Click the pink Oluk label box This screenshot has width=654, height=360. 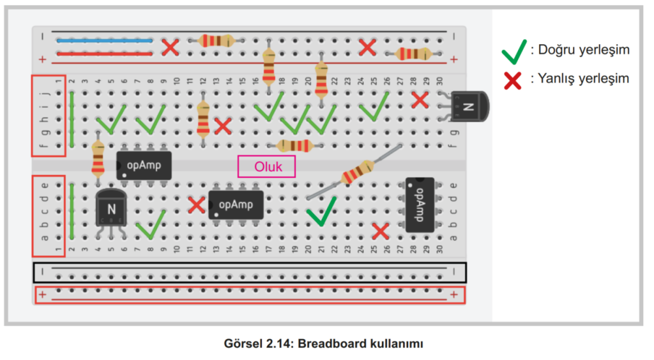[266, 167]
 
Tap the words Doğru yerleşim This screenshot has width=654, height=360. [584, 50]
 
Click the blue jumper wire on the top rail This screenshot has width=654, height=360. [105, 40]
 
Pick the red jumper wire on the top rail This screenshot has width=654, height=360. [105, 54]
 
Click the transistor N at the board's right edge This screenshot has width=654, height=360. [469, 106]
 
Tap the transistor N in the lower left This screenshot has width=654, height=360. [111, 208]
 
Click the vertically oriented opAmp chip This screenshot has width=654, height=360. [420, 204]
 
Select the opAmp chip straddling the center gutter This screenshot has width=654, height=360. [144, 165]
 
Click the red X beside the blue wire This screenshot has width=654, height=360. [170, 47]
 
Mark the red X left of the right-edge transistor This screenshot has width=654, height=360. [419, 100]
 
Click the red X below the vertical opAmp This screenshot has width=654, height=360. [381, 231]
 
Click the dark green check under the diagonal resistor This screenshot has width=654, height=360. [321, 212]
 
